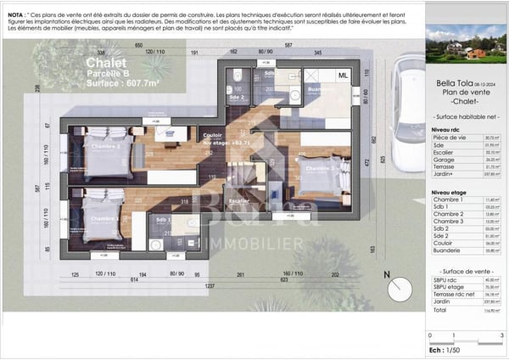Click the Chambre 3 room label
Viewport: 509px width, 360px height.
tap(322, 169)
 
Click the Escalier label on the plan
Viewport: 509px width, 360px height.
tap(239, 201)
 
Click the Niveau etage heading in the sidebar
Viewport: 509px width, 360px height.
tap(449, 193)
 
